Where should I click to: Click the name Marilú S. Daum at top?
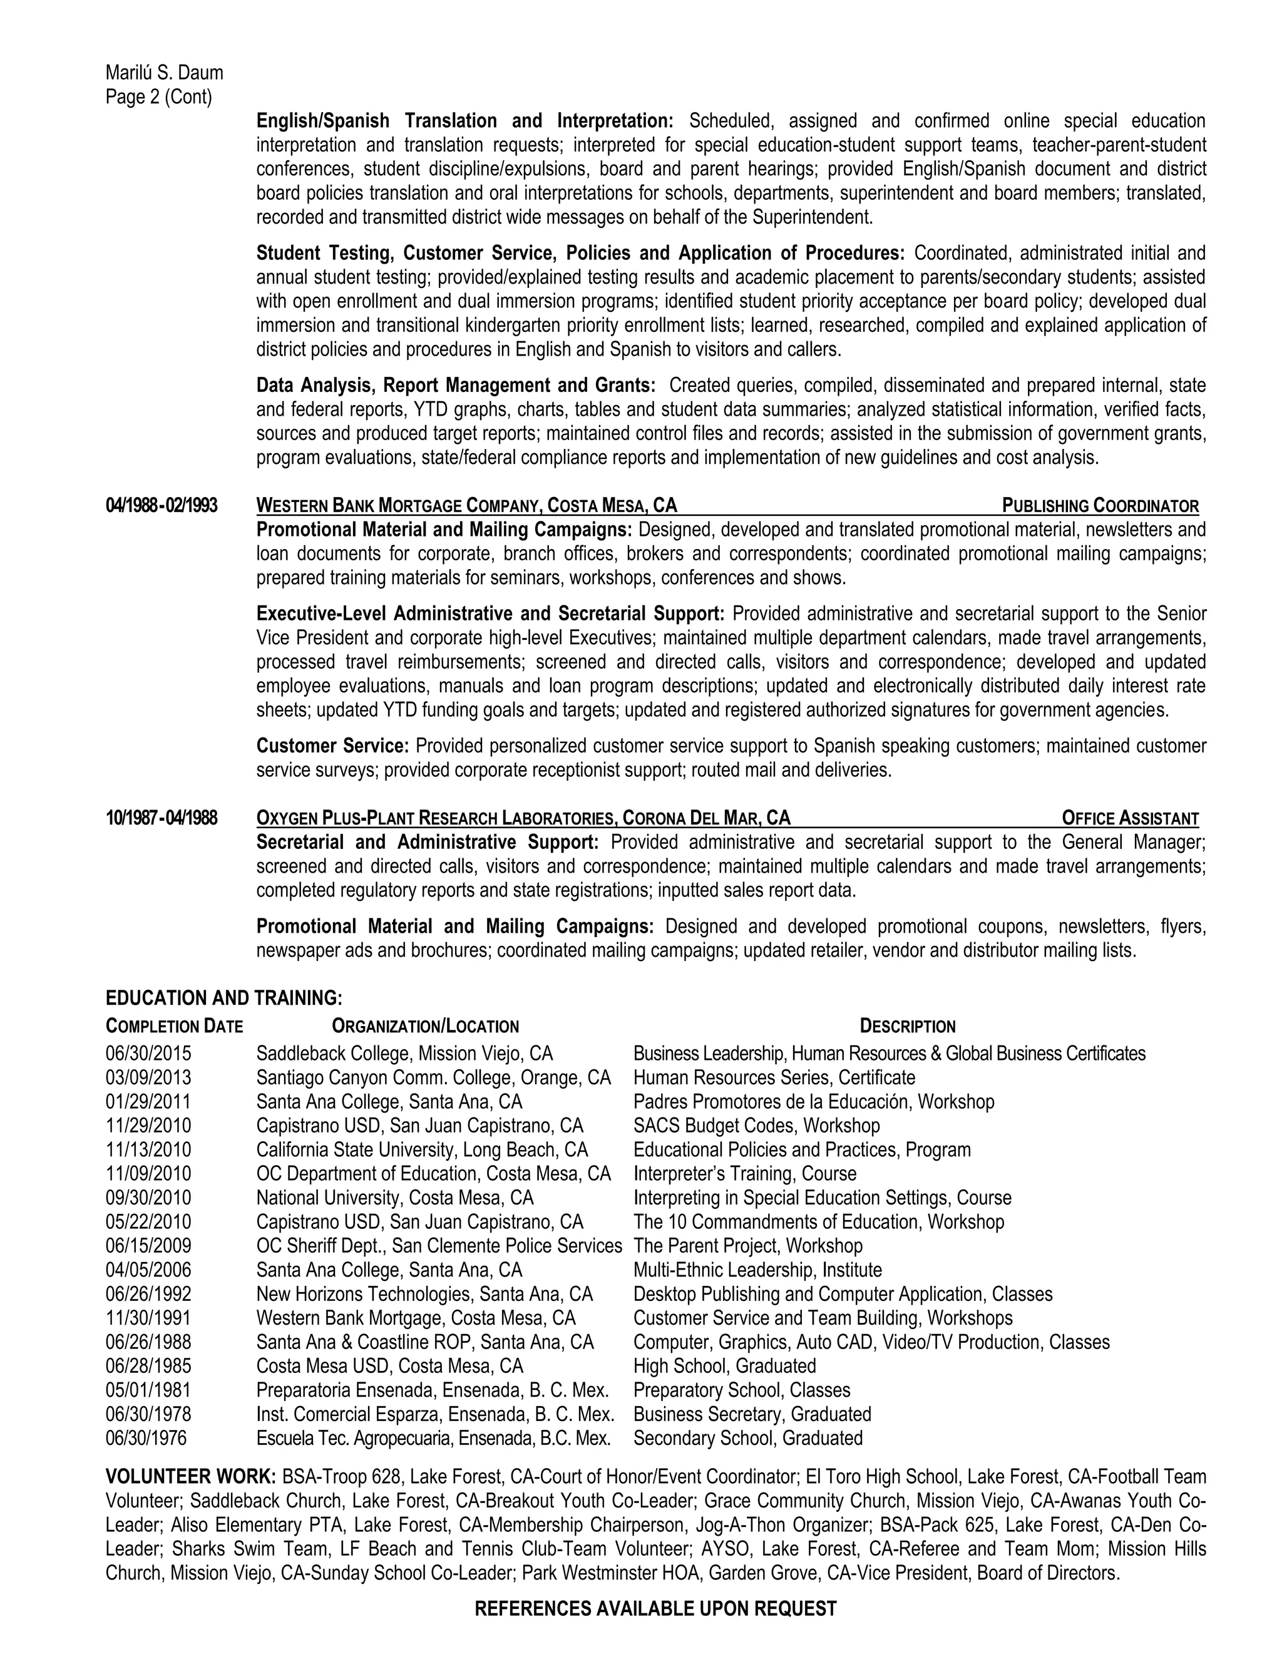coord(164,73)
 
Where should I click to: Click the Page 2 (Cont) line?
coord(159,97)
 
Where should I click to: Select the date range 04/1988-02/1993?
coord(161,506)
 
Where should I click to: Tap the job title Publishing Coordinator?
coord(1100,506)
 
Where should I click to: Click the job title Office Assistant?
coord(1130,818)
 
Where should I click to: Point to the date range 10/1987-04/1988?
coord(161,818)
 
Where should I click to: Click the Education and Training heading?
coord(224,998)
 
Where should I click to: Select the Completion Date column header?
coord(174,1027)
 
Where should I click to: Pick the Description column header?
coord(907,1027)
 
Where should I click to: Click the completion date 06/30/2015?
coord(149,1054)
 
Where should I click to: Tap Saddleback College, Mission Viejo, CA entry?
coord(404,1054)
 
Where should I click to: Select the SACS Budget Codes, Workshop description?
coord(756,1126)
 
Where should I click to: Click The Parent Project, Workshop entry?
coord(748,1246)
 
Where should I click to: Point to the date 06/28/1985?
coord(149,1367)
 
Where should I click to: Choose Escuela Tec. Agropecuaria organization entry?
coord(433,1439)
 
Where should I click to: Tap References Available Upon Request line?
coord(655,1609)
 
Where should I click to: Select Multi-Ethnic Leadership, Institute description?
coord(757,1270)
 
